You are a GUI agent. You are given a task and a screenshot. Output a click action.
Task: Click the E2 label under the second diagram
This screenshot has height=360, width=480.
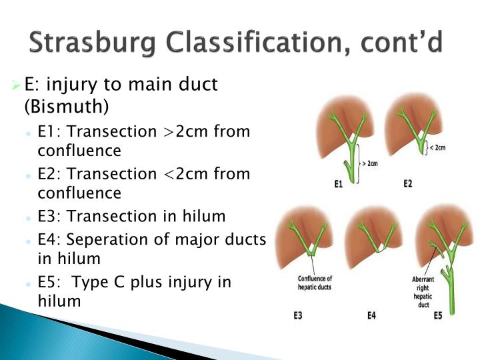pos(408,183)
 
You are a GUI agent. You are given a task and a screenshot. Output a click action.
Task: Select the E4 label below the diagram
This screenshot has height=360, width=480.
pos(372,315)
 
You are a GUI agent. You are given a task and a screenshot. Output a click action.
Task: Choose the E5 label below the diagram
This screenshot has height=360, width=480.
pos(437,315)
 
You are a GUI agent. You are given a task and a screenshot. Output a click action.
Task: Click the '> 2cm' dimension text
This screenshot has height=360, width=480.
pos(369,163)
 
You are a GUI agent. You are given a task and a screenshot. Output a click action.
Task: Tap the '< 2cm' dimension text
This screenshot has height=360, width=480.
pos(437,148)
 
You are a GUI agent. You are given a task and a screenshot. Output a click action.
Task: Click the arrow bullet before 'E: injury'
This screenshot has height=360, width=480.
pos(17,85)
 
